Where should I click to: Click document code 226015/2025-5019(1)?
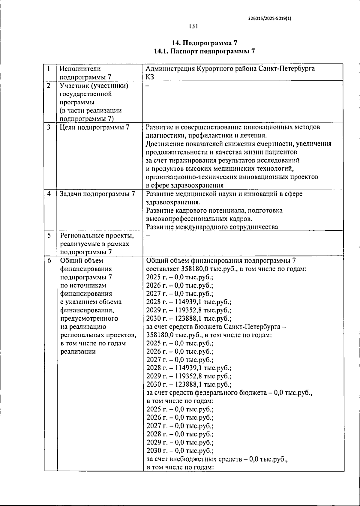coord(270,18)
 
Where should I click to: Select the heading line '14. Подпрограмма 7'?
coord(204,43)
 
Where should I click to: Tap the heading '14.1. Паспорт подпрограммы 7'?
coord(204,51)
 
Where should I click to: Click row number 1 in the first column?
coord(48,68)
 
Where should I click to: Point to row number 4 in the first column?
coord(49,194)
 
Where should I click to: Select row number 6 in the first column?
coord(49,260)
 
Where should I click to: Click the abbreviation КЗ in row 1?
coord(150,77)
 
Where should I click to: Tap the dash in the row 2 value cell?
coord(147,85)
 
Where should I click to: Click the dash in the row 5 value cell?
coord(147,235)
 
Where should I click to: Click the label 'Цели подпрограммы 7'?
coord(94,127)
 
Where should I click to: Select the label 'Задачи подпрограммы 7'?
coord(97,194)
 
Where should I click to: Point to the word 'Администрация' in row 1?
coord(170,69)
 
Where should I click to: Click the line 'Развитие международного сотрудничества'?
coord(212,227)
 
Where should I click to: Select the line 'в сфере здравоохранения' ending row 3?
coord(185,185)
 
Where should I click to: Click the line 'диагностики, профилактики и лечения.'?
coord(206,136)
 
